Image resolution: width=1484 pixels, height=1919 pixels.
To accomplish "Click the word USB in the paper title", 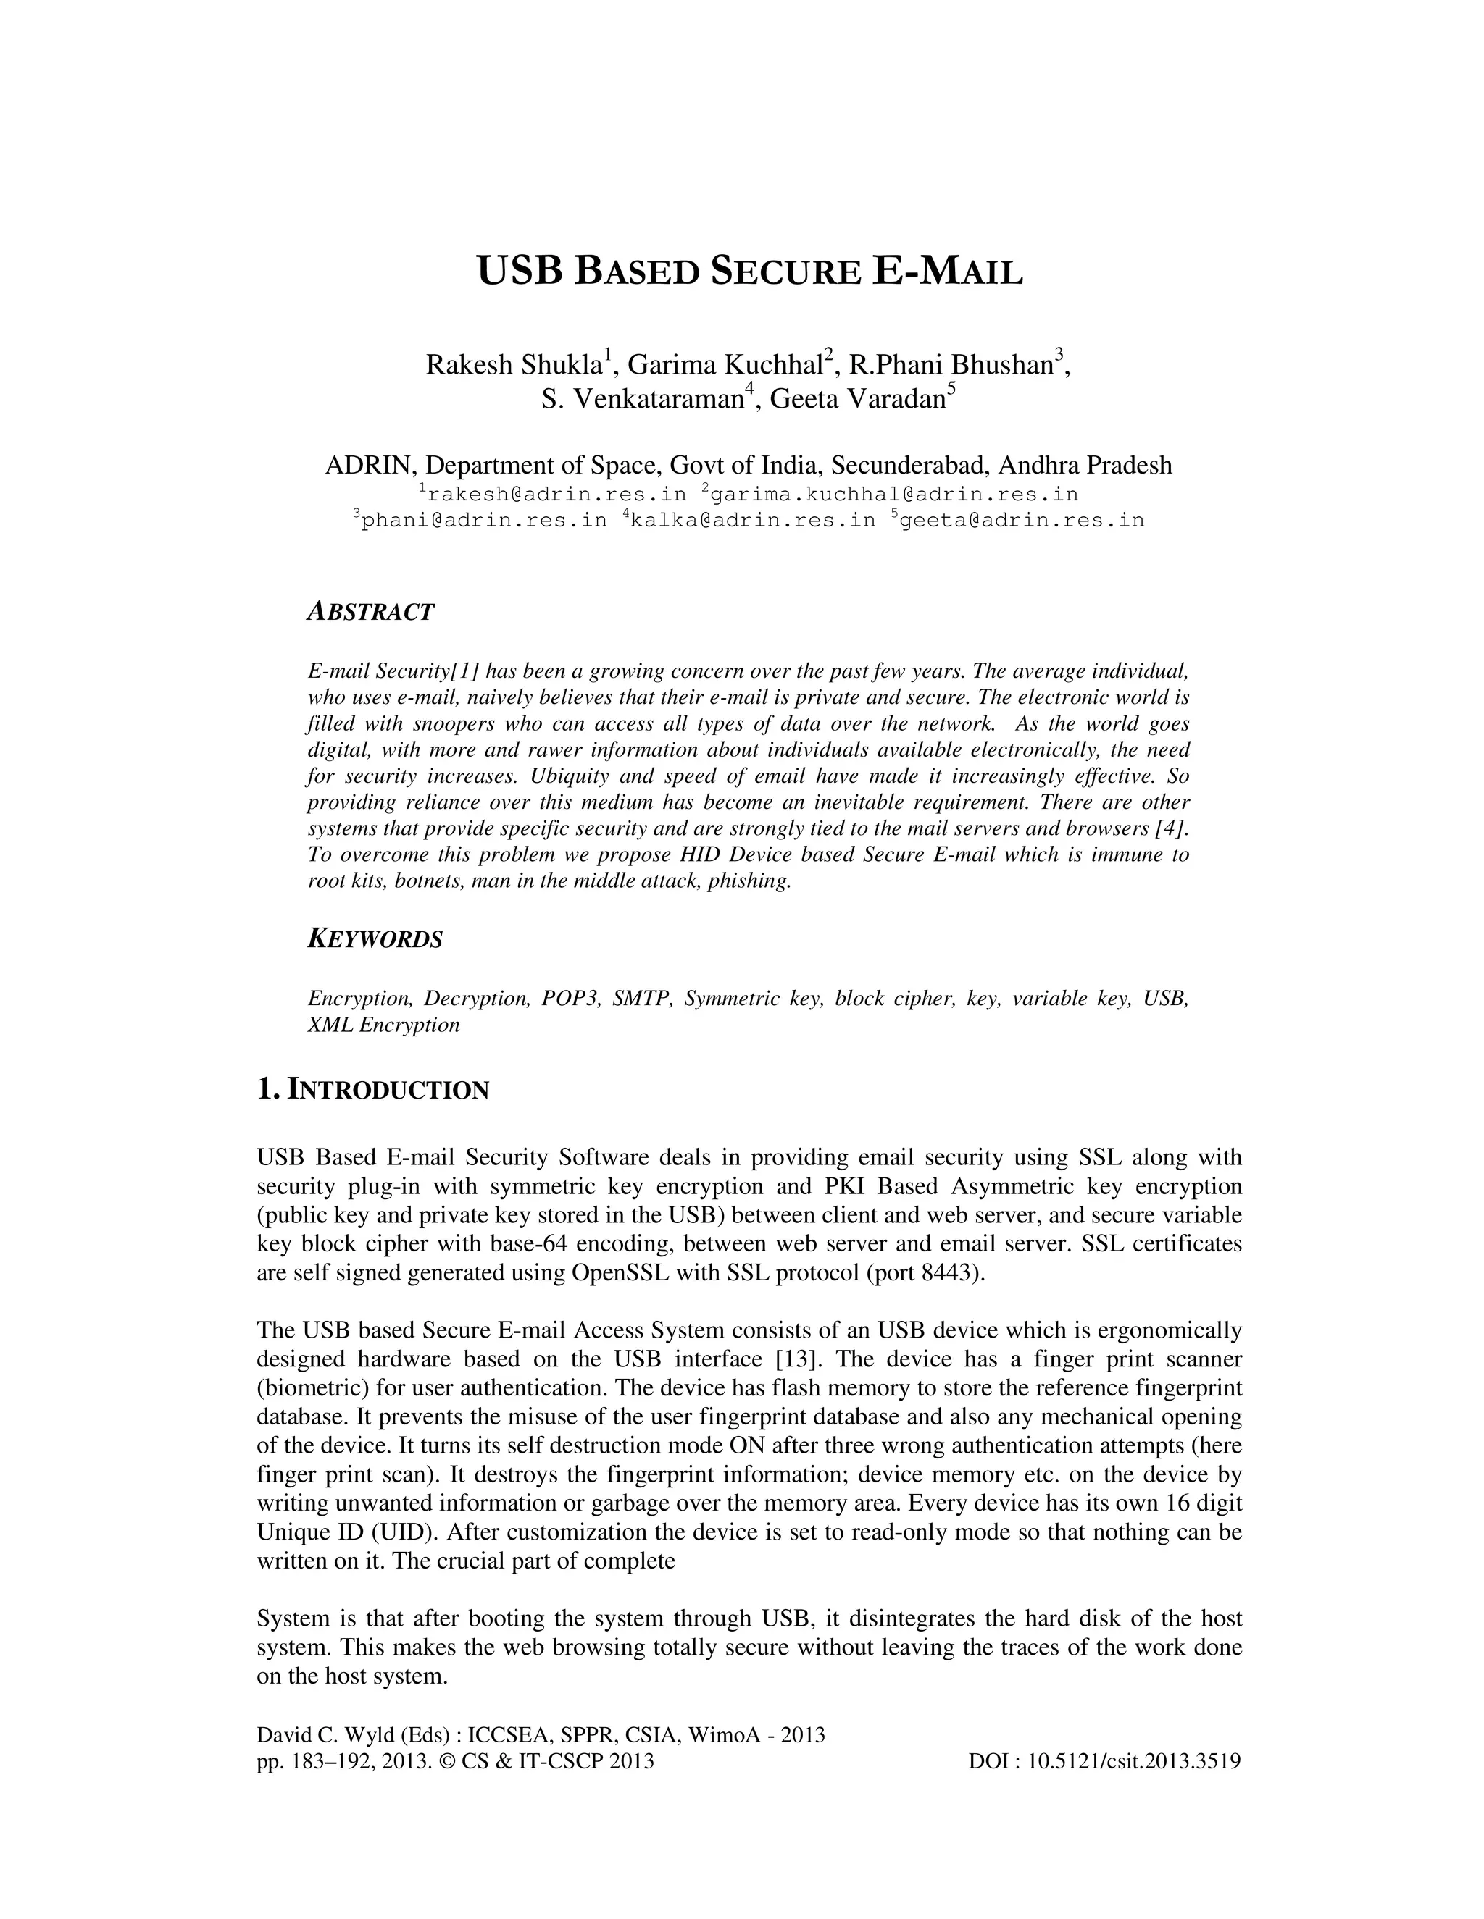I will pyautogui.click(x=518, y=272).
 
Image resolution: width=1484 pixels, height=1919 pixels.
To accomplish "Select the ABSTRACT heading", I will pyautogui.click(x=370, y=612).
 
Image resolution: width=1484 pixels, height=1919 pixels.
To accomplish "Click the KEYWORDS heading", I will pyautogui.click(x=375, y=939).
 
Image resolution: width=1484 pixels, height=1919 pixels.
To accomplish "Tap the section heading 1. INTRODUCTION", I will pyautogui.click(x=372, y=1091).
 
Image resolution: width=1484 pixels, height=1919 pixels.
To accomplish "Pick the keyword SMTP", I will pyautogui.click(x=643, y=999).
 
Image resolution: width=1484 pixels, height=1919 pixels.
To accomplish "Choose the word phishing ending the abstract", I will pyautogui.click(x=756, y=881).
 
